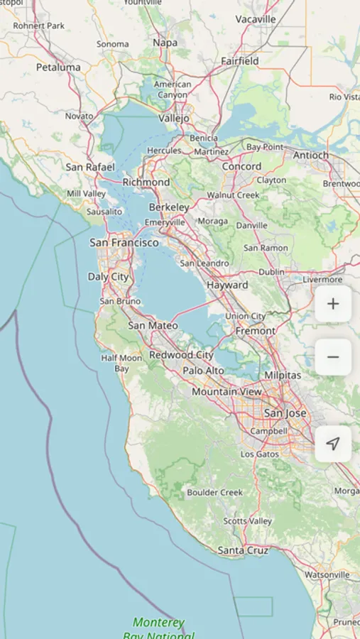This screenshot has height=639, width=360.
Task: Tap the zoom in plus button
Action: (333, 305)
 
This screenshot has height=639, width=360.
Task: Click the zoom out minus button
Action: (333, 357)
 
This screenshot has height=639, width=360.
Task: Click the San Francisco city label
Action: (124, 243)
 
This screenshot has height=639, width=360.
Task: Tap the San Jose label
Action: (285, 413)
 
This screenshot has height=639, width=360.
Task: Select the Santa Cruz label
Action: (243, 550)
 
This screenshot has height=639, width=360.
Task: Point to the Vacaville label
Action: (256, 19)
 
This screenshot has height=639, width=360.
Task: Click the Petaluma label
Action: (58, 67)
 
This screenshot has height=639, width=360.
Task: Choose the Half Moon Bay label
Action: (121, 364)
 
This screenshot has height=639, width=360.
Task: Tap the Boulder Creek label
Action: (214, 492)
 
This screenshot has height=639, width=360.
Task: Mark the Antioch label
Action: (311, 155)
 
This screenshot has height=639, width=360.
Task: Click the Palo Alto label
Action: (203, 371)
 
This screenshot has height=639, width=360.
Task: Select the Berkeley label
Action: (169, 207)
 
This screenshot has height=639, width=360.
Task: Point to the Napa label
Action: (165, 43)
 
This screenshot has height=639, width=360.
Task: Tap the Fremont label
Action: (255, 331)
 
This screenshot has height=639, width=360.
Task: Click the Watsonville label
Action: (327, 574)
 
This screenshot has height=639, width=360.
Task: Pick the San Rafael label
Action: (90, 167)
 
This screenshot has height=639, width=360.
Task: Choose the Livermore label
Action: (322, 280)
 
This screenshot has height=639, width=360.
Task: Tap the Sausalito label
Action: (104, 212)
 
